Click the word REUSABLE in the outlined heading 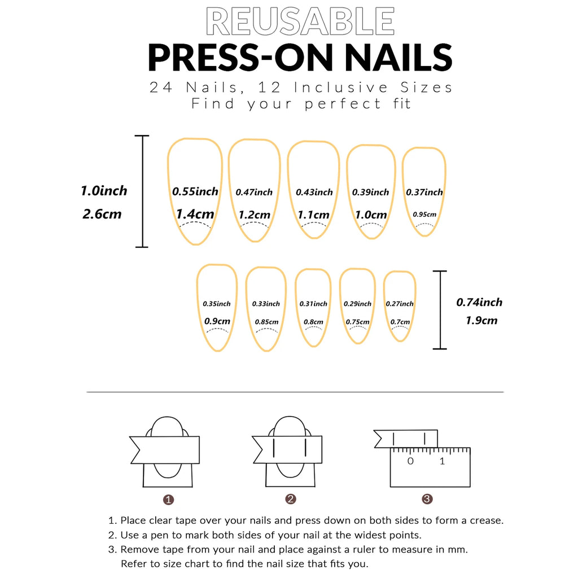tap(300, 23)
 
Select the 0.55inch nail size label tap(195, 191)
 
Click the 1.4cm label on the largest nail tap(195, 214)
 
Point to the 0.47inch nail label tap(254, 192)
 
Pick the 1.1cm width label tap(314, 214)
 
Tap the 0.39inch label tap(371, 192)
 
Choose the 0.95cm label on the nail tap(424, 214)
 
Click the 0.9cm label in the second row tap(217, 321)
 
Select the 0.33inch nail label tap(266, 304)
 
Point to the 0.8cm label tap(313, 322)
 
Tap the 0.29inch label tap(358, 304)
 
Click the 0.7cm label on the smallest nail tap(400, 322)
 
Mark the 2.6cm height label tap(102, 214)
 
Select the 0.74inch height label tap(479, 302)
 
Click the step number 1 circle tap(168, 500)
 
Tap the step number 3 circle tap(427, 499)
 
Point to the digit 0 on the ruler tap(410, 461)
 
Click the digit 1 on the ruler tap(442, 461)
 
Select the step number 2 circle tap(291, 499)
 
